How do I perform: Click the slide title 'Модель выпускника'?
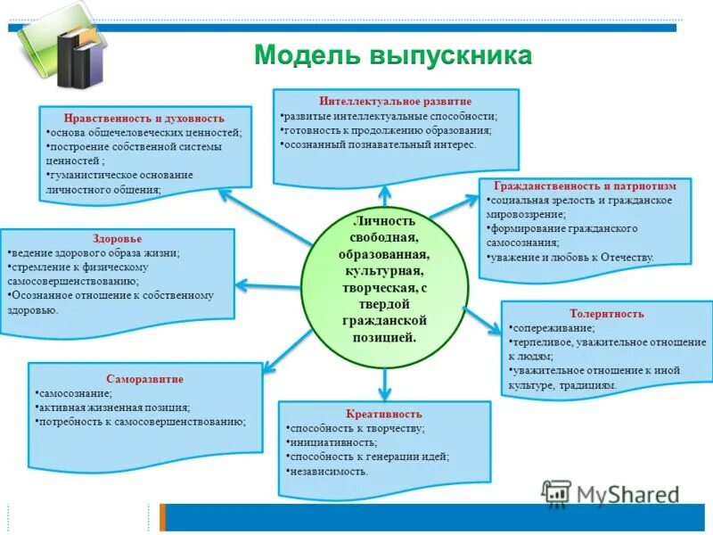(x=393, y=55)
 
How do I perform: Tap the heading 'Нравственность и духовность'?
(x=143, y=118)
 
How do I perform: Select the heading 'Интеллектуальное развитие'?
(x=395, y=102)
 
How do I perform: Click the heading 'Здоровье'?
(x=117, y=239)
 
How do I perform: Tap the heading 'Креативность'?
(x=384, y=414)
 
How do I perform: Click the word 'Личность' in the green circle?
(x=385, y=220)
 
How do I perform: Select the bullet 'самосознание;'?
(x=75, y=393)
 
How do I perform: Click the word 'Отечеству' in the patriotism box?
(x=625, y=258)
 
